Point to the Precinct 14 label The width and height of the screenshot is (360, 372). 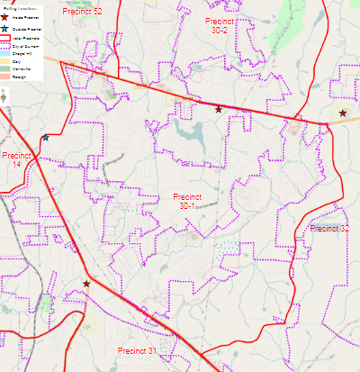15,159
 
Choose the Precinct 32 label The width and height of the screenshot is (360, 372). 329,229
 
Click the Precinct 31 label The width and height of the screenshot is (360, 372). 138,350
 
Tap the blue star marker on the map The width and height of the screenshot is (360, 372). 45,138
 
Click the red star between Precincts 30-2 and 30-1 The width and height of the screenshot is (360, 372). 219,109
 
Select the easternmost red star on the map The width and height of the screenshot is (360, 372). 343,113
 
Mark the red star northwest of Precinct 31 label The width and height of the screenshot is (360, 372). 86,284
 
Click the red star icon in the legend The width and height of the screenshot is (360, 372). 5,16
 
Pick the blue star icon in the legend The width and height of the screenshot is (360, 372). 5,29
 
